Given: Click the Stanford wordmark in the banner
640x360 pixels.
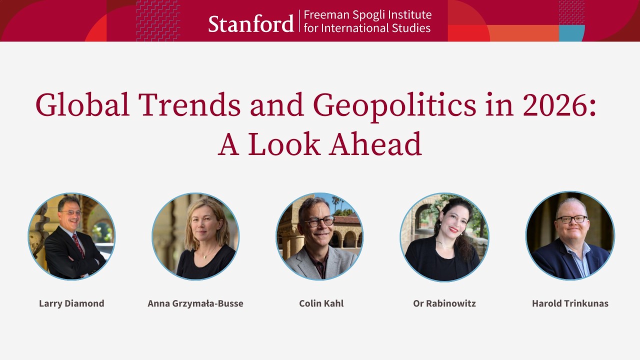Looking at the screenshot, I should click(250, 23).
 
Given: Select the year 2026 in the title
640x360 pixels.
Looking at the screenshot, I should click(555, 105).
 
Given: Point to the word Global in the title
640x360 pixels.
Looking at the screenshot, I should click(83, 105).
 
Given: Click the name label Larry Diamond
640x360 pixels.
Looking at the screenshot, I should click(71, 303).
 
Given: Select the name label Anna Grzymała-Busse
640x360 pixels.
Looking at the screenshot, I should click(195, 303).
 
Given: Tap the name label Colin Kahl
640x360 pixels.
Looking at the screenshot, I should click(321, 303).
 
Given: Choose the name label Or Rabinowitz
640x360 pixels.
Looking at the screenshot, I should click(444, 303).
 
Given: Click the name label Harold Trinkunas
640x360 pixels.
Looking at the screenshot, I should click(570, 303).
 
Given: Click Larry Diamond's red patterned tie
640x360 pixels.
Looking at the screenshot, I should click(78, 244).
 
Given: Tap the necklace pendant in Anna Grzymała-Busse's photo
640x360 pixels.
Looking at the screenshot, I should click(204, 256).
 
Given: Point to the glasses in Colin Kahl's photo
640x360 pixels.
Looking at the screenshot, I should click(319, 221).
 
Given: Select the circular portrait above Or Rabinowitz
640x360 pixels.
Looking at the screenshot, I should click(444, 236).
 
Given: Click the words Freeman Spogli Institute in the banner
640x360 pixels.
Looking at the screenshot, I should click(367, 15).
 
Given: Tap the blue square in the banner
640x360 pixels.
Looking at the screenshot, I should click(571, 33).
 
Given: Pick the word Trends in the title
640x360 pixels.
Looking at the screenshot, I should click(189, 105).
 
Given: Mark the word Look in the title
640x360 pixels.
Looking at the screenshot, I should click(284, 144).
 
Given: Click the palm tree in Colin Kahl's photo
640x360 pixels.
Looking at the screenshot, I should click(335, 203).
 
